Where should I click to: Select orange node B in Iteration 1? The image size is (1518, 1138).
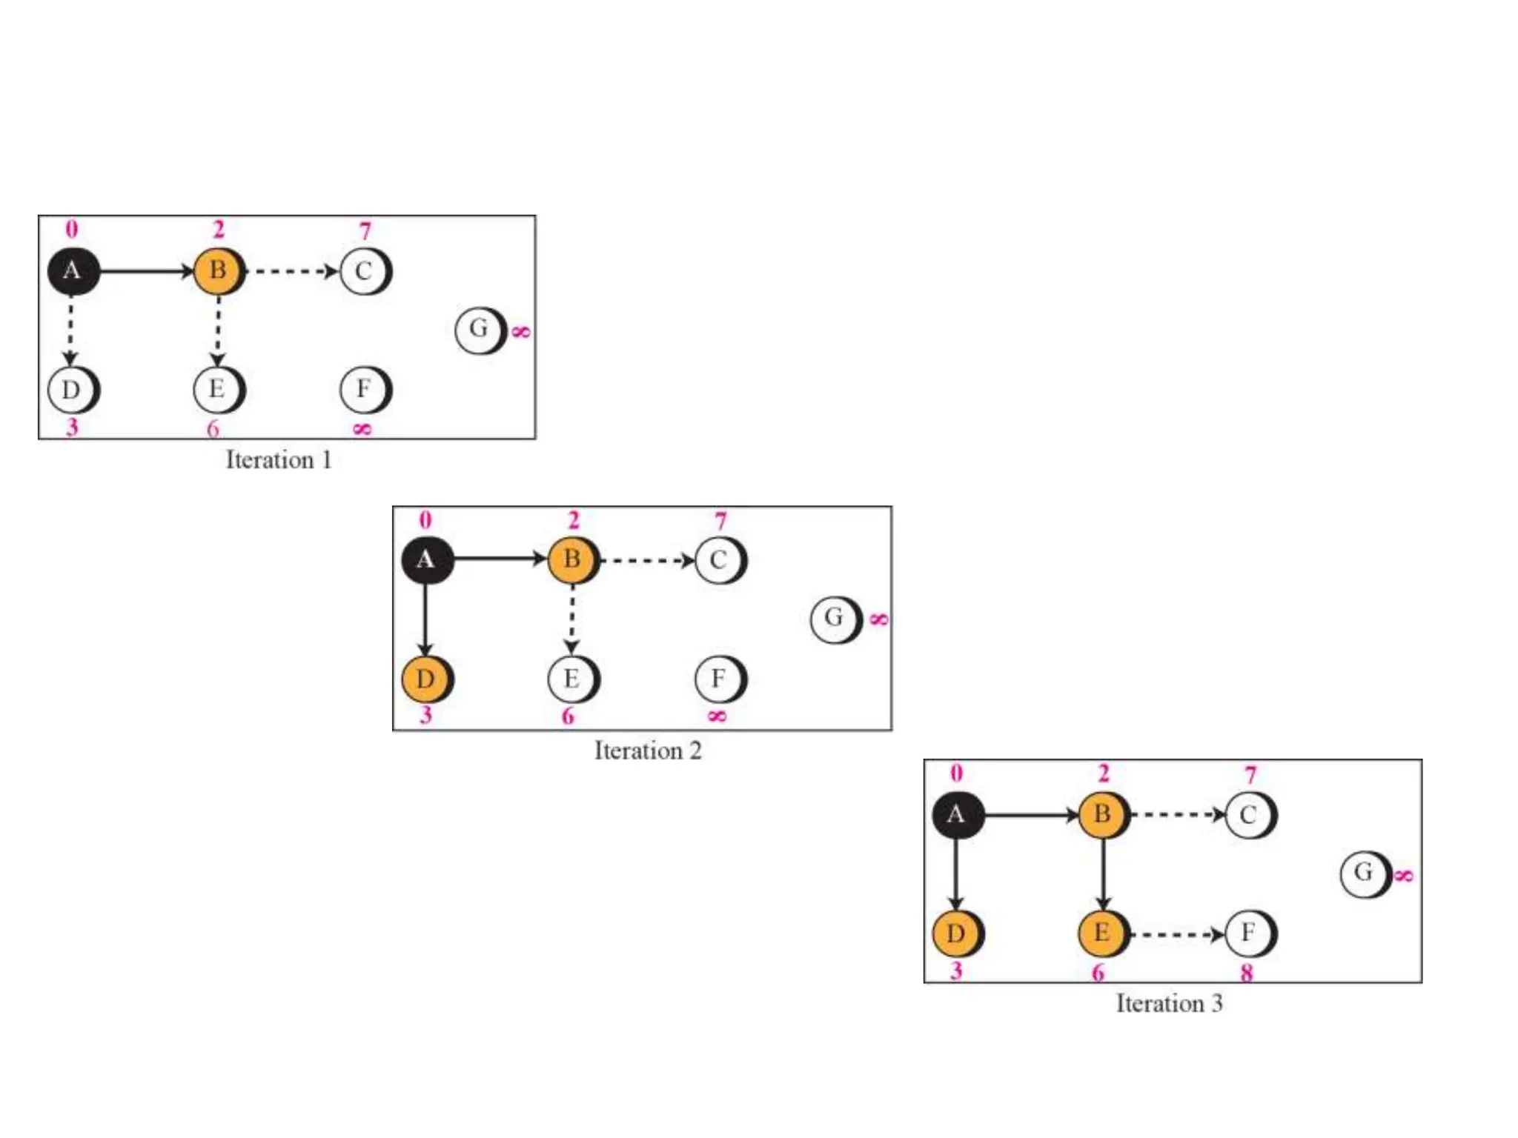coord(218,271)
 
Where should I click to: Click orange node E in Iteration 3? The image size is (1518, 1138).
coord(1103,933)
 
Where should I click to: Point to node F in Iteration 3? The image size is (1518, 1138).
coord(1250,933)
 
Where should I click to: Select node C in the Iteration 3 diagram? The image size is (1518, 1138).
coord(1250,815)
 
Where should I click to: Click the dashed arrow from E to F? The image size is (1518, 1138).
coord(1176,934)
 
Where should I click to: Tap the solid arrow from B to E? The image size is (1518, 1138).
coord(1103,874)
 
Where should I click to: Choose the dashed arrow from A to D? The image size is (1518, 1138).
coord(70,330)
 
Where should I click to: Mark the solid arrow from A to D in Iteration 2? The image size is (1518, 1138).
coord(425,619)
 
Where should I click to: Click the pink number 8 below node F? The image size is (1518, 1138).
coord(1247,973)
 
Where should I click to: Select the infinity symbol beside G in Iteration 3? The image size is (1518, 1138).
coord(1403,876)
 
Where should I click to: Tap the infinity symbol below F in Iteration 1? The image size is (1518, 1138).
coord(362,429)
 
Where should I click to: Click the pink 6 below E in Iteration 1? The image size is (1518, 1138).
coord(213,429)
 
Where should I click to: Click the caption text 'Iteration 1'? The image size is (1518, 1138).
coord(278,460)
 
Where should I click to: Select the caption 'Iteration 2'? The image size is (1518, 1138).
coord(647,751)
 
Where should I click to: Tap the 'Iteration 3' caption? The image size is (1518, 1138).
coord(1169,1003)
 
